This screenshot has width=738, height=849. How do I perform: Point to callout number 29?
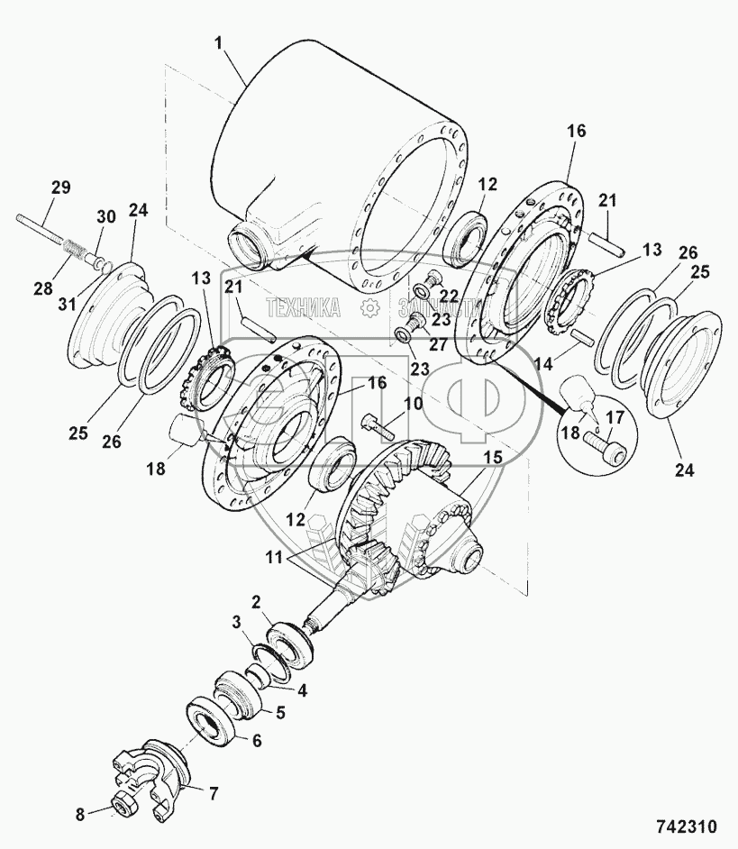tap(59, 187)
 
